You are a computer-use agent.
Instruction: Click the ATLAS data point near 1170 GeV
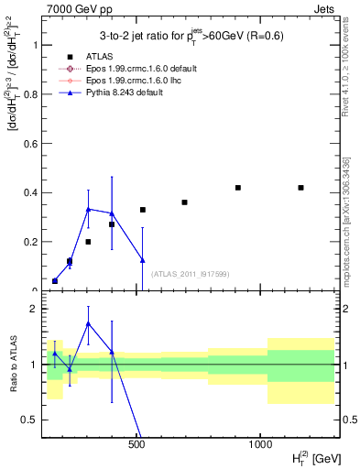[300, 188]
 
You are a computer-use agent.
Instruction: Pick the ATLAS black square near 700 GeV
[184, 202]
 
